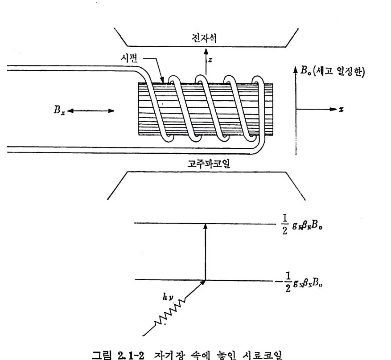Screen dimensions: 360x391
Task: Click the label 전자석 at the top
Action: [x=206, y=41]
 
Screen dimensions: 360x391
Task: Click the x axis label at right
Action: [x=341, y=109]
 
